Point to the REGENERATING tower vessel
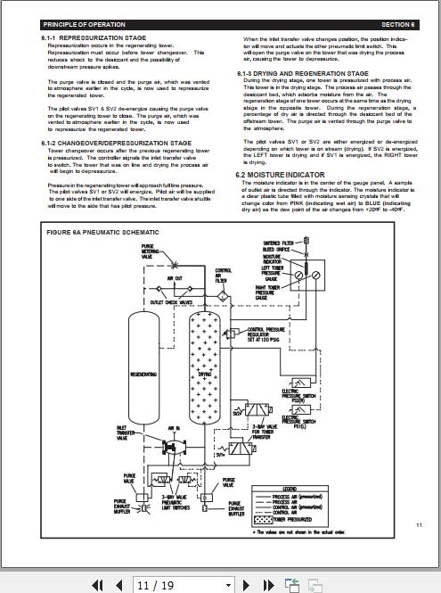point(143,375)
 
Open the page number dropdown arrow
point(229,585)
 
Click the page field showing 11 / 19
point(178,585)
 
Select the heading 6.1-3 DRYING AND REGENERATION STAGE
point(303,73)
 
